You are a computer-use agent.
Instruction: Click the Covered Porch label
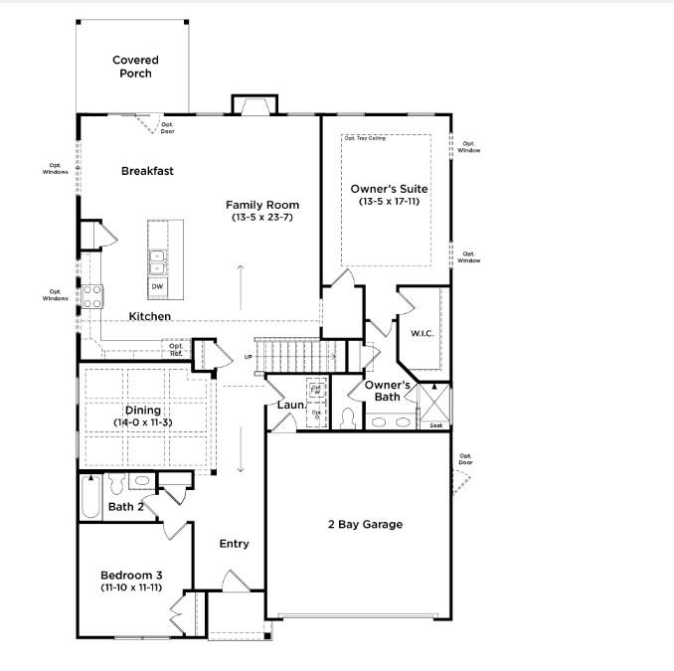click(x=135, y=67)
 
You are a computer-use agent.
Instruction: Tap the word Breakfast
click(x=147, y=171)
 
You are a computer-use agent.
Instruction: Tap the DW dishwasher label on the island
click(x=157, y=286)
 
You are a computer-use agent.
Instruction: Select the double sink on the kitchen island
click(x=157, y=260)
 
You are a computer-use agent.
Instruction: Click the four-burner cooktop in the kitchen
click(x=92, y=295)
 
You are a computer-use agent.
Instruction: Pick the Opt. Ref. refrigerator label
click(x=176, y=350)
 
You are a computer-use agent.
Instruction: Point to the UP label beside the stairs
click(x=249, y=357)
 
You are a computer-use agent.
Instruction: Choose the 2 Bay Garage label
click(x=365, y=524)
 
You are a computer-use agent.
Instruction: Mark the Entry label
click(x=235, y=544)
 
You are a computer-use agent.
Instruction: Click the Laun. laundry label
click(x=290, y=406)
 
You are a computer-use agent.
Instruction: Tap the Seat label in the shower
click(x=435, y=426)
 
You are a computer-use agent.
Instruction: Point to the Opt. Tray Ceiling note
click(x=365, y=138)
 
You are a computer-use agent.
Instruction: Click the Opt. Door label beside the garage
click(x=465, y=459)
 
